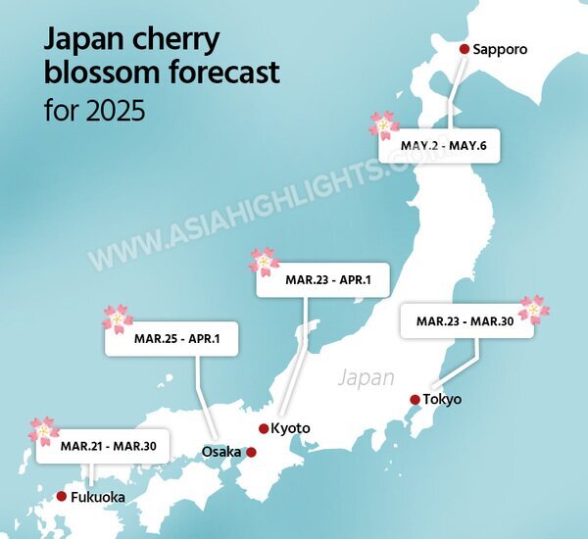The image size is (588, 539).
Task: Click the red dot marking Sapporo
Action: tap(465, 48)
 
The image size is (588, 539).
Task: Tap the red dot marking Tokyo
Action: tap(416, 399)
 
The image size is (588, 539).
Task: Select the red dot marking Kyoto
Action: tap(264, 428)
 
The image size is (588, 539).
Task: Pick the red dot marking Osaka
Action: tap(251, 452)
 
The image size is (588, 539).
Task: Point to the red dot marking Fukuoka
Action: tap(62, 497)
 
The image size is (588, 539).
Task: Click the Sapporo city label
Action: tap(500, 49)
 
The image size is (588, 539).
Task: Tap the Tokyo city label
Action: tap(443, 400)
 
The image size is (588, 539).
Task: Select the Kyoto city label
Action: tap(291, 428)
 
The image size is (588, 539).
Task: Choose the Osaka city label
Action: tap(220, 452)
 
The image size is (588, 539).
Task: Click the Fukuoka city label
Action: tap(98, 498)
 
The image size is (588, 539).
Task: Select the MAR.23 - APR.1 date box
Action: tap(322, 280)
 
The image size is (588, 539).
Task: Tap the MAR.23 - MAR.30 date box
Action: tap(466, 321)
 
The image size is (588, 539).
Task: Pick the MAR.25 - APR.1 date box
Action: tap(171, 338)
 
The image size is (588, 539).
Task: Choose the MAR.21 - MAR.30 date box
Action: tap(102, 447)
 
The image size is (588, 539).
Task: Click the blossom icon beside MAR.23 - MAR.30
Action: tap(534, 309)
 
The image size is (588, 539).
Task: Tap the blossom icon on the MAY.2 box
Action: tap(384, 124)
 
